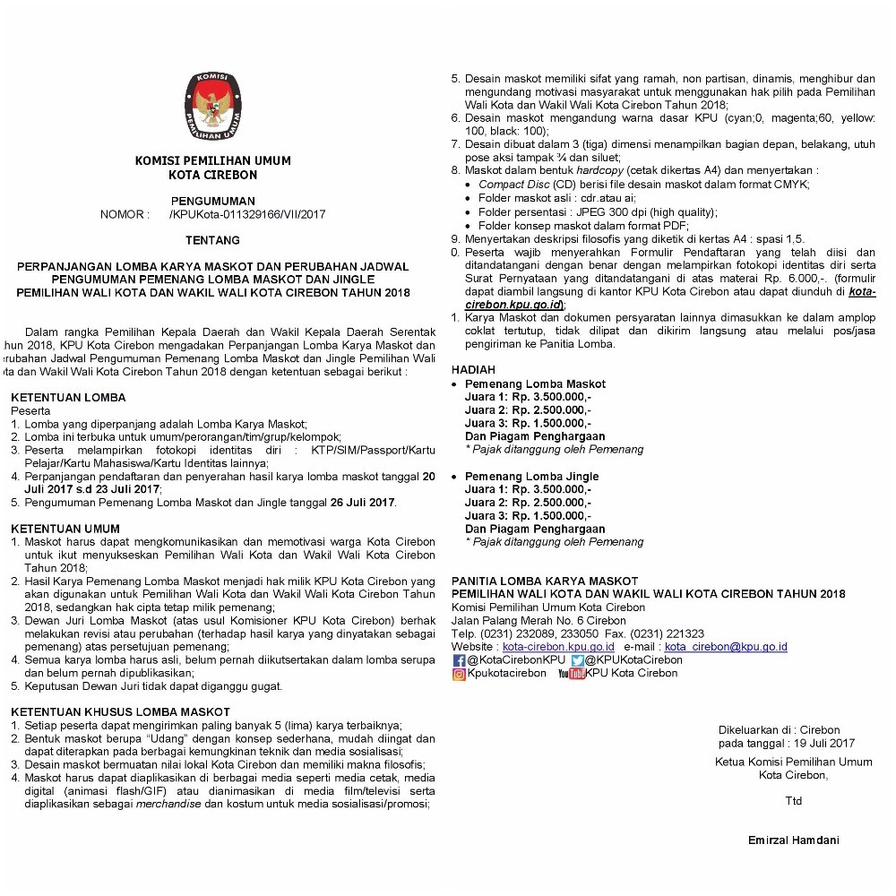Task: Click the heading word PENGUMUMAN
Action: click(x=212, y=202)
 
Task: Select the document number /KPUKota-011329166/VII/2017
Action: click(x=246, y=215)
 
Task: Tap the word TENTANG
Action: click(x=212, y=241)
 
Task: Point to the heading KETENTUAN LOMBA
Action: click(x=68, y=398)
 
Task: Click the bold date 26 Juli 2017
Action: click(x=361, y=503)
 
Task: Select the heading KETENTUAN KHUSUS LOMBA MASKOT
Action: click(x=120, y=712)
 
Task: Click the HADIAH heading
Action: click(x=473, y=369)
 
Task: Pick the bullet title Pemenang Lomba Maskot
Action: click(x=535, y=384)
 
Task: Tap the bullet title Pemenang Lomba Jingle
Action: click(x=531, y=477)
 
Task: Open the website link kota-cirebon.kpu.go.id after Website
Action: click(x=558, y=646)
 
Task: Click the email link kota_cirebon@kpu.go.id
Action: click(x=726, y=646)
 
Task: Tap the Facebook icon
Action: click(x=459, y=660)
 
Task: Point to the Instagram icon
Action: click(x=459, y=674)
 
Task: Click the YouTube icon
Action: click(x=571, y=674)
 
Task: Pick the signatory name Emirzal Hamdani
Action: click(x=794, y=840)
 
